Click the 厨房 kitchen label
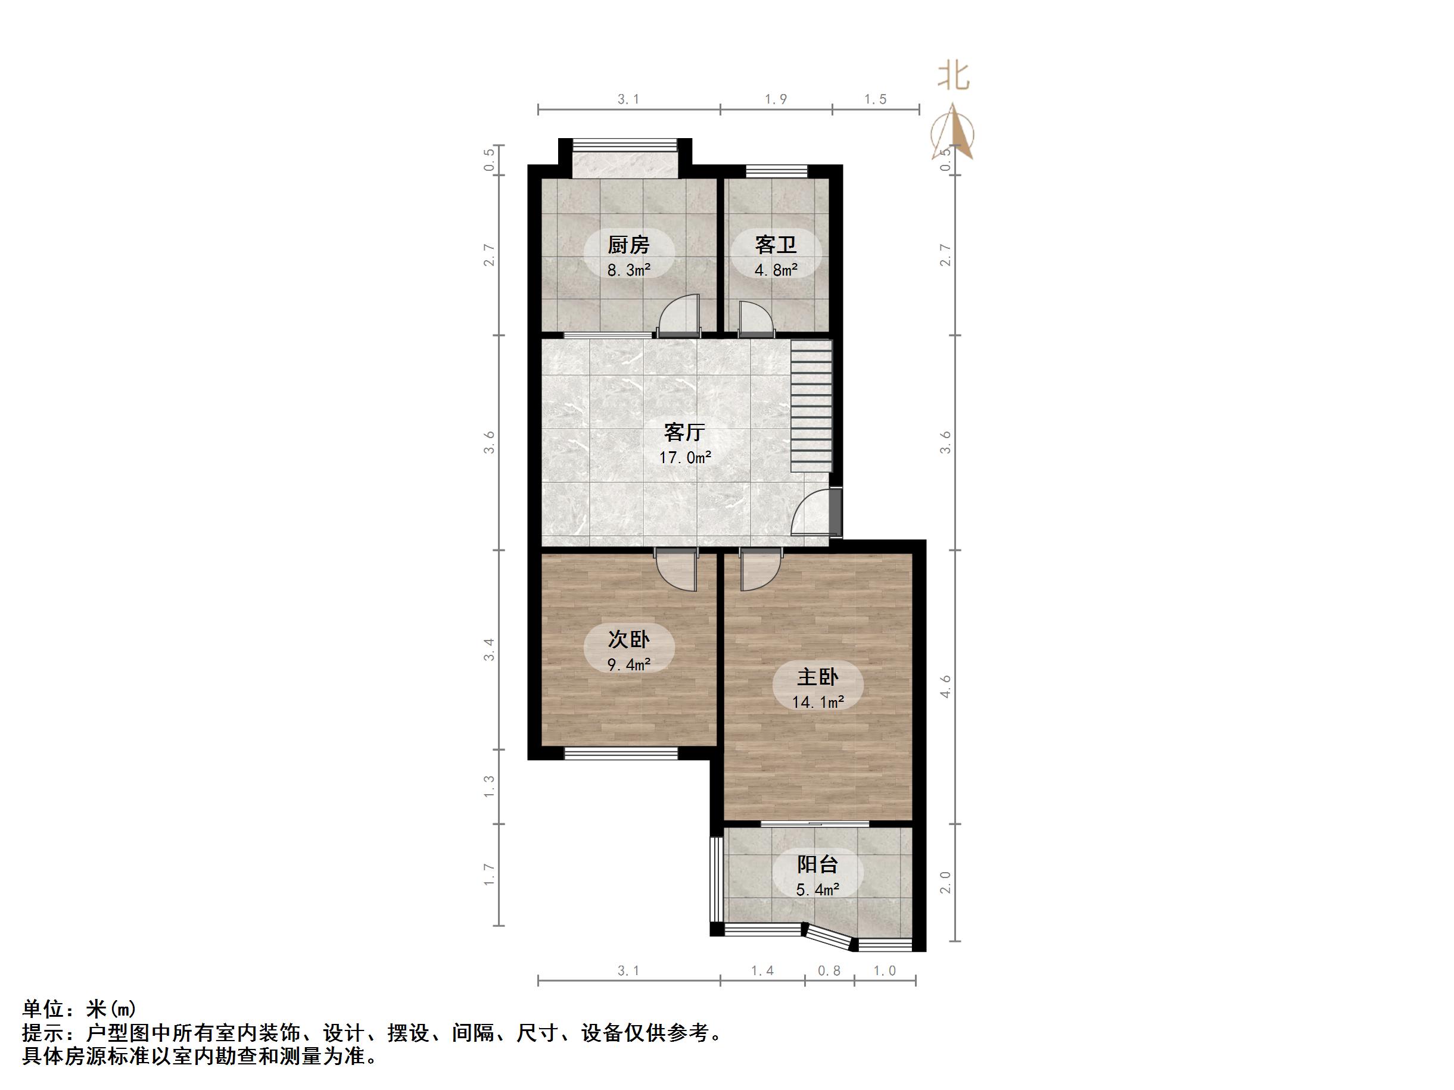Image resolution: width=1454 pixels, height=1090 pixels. point(628,245)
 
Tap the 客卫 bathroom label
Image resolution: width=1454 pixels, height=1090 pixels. point(776,245)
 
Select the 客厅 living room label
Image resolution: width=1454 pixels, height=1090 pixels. point(684,432)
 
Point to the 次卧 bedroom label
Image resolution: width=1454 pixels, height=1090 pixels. point(628,639)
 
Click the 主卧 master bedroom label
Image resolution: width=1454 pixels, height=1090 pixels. point(817,677)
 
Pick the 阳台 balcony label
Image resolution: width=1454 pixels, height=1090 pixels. point(817,864)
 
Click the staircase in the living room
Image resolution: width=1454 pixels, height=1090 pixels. point(811,405)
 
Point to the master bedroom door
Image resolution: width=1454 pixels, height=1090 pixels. point(760,570)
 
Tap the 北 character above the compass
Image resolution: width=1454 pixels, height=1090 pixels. point(953,76)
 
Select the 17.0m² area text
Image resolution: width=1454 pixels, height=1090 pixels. point(685,457)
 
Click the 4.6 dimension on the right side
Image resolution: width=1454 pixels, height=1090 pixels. point(945,686)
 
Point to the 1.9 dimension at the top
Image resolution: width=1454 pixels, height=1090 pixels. point(776,99)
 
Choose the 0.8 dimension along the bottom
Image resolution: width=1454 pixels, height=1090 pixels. point(829,971)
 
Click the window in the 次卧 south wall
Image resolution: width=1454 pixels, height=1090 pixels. point(621,753)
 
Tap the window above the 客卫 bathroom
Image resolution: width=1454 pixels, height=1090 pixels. point(776,171)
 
